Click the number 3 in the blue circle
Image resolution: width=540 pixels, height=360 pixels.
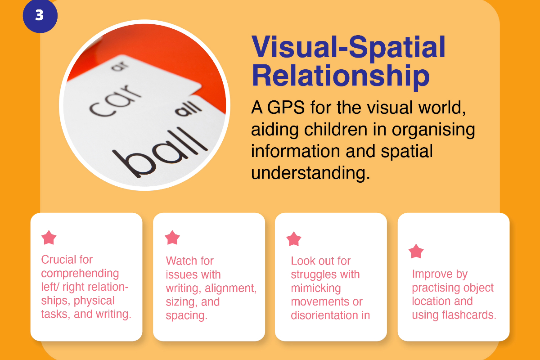click(40, 15)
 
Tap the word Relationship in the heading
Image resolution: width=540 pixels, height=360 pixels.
click(340, 76)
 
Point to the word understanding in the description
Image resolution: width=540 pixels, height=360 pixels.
click(310, 173)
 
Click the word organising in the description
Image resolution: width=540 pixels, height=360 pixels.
click(433, 130)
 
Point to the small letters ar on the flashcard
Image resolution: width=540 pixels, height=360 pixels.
click(120, 66)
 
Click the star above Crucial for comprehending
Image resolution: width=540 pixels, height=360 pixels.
click(49, 237)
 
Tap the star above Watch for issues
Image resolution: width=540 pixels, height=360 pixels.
click(172, 237)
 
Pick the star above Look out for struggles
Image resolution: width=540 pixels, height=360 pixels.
click(293, 239)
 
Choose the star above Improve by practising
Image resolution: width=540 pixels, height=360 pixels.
click(416, 251)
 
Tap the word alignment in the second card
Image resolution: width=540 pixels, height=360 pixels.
click(230, 288)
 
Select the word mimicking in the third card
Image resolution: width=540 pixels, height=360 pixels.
click(316, 288)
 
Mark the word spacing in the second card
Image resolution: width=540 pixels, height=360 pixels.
click(187, 315)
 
